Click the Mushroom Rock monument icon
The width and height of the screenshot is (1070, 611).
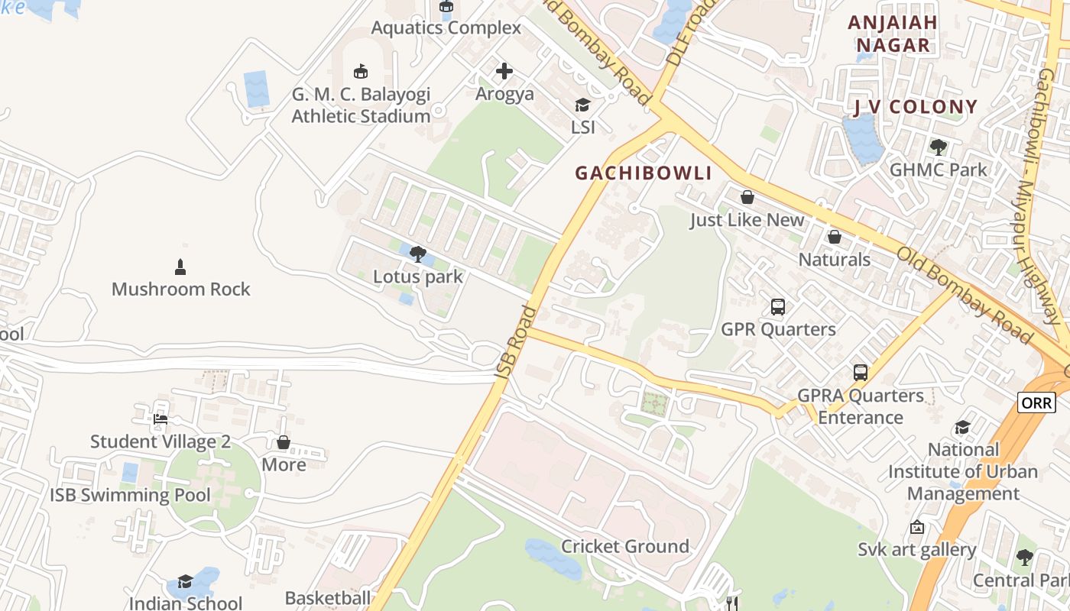click(x=180, y=267)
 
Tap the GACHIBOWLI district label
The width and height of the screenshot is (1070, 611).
click(x=644, y=173)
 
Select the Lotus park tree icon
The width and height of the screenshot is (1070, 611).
click(x=417, y=254)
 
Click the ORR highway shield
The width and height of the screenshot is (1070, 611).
click(x=1036, y=402)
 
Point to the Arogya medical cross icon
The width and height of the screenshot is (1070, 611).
click(x=504, y=71)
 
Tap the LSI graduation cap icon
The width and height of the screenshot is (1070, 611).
click(x=583, y=105)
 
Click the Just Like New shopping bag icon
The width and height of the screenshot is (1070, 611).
click(x=747, y=197)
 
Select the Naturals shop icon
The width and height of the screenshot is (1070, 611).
click(x=835, y=237)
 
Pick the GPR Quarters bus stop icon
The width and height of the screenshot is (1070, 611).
click(x=778, y=307)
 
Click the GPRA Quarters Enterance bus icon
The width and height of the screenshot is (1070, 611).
click(x=861, y=373)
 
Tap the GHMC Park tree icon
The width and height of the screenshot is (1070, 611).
click(x=939, y=147)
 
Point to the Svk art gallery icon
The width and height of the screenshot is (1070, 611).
click(x=916, y=527)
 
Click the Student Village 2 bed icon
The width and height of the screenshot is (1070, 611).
click(x=160, y=419)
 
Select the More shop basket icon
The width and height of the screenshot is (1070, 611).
click(x=284, y=442)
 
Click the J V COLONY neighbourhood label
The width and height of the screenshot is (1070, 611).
click(x=916, y=107)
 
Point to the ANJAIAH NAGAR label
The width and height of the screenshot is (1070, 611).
click(x=893, y=34)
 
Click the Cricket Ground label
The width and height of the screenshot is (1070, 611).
click(x=625, y=547)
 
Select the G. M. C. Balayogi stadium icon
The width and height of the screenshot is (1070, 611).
click(x=361, y=72)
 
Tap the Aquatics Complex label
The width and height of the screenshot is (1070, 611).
click(x=446, y=28)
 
